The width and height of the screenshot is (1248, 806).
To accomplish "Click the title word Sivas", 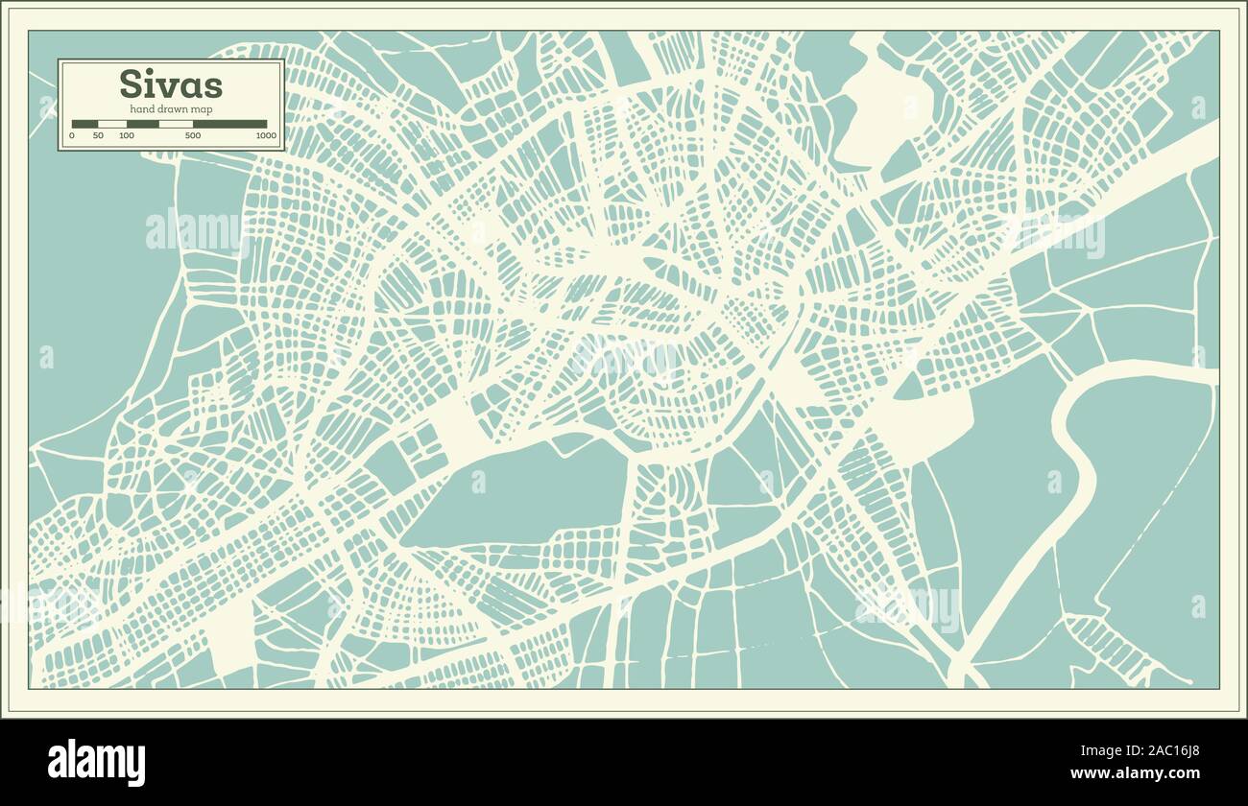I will [171, 84].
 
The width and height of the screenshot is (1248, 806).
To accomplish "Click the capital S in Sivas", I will [130, 84].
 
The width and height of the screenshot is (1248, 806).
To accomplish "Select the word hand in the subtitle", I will [141, 109].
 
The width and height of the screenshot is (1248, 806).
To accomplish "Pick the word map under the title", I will [202, 109].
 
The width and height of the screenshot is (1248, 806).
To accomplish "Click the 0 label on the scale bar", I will [72, 136].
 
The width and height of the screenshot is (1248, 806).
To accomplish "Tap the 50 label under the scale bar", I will [98, 136].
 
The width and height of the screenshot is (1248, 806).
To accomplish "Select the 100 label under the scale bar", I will [127, 136].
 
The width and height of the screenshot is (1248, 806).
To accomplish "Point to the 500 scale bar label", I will [193, 136].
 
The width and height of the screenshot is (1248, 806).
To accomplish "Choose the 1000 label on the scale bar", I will [266, 136].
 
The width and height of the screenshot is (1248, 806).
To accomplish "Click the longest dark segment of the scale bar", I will [229, 124].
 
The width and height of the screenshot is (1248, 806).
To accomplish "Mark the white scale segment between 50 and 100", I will [112, 124].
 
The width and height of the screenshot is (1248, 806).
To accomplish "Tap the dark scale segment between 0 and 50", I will [84, 124].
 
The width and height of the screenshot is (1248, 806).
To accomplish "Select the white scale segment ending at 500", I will [176, 124].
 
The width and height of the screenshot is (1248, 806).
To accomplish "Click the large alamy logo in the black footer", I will [97, 762].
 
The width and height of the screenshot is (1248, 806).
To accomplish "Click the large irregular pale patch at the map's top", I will [878, 106].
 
